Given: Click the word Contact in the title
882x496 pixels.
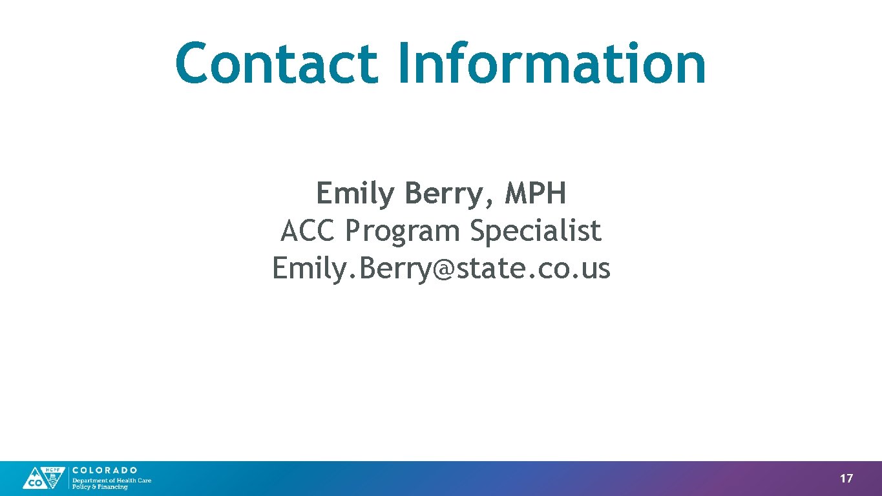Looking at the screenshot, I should (x=276, y=63).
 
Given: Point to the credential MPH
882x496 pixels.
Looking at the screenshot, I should (x=536, y=193).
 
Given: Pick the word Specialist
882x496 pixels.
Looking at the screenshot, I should (x=536, y=231).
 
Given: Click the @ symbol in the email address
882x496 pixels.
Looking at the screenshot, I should (x=439, y=269).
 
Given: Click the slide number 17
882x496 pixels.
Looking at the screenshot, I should (x=846, y=479).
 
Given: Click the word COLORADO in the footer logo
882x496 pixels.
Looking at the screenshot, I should (x=104, y=470).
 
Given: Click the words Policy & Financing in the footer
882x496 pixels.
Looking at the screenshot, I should (x=100, y=487).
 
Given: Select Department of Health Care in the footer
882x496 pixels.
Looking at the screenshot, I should (x=111, y=480).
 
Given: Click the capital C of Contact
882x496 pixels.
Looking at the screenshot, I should (x=196, y=63).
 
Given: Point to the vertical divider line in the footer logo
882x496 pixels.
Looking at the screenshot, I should (x=68, y=478).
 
